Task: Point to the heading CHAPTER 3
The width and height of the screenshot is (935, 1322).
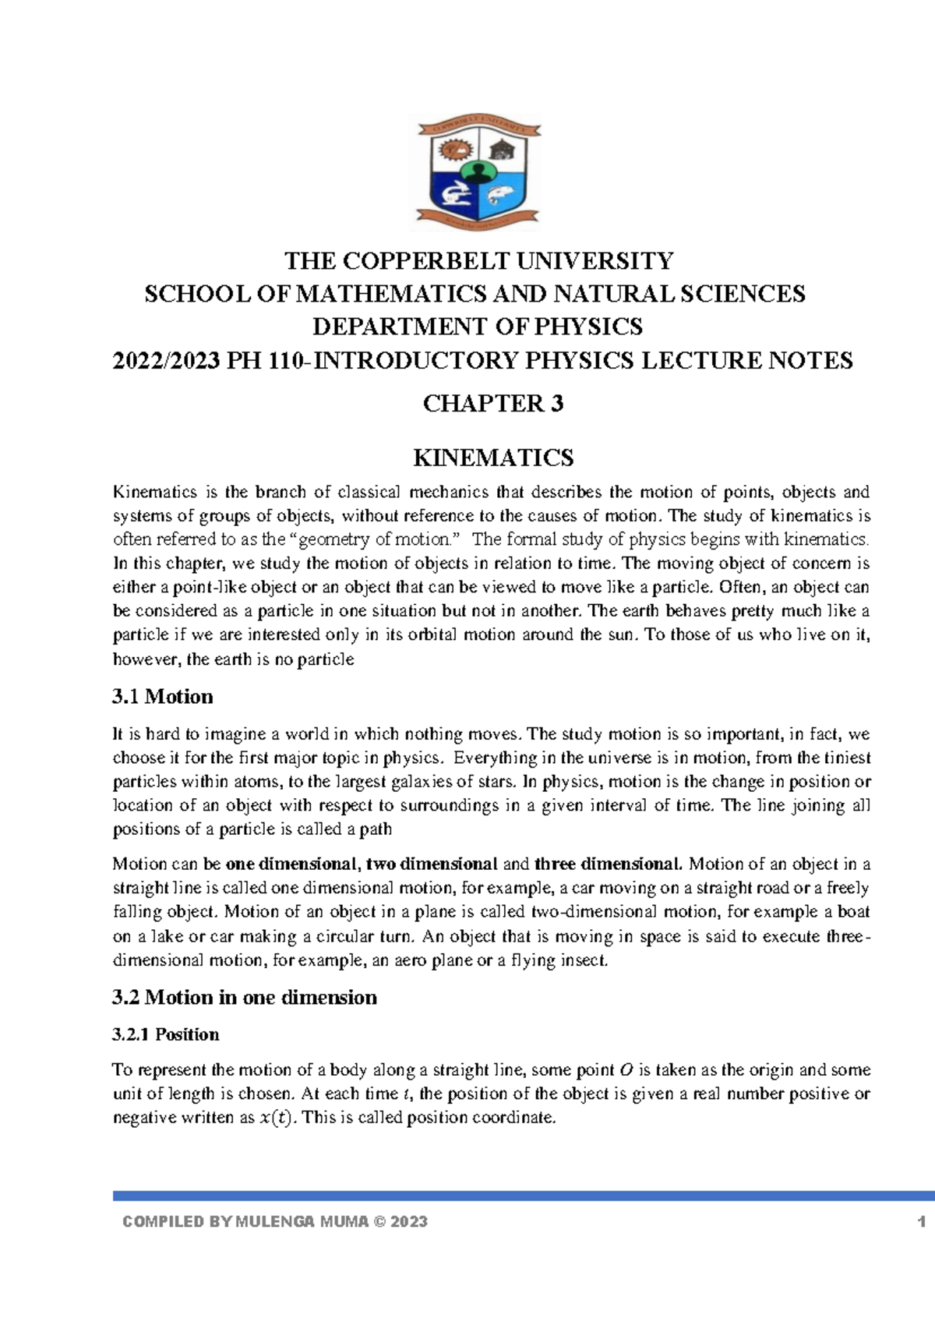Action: (492, 404)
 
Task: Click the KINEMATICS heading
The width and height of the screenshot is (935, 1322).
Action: (492, 458)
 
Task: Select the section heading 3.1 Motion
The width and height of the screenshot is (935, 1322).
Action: (163, 697)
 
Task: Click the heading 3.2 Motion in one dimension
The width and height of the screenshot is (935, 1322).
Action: (245, 998)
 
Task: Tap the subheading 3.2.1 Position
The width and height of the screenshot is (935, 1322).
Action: (166, 1034)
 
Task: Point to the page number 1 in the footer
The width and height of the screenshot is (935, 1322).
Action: (922, 1221)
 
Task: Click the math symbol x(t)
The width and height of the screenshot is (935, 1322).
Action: (276, 1118)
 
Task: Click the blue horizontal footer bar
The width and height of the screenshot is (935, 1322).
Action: (522, 1195)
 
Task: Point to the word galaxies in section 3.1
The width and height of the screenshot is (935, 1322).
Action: (432, 782)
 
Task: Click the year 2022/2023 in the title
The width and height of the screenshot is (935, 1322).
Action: (166, 361)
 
